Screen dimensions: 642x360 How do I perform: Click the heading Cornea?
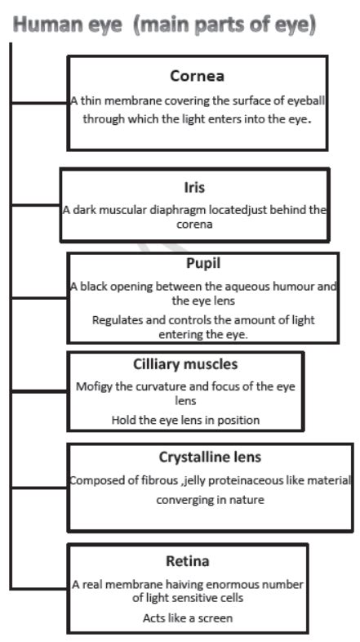point(197,76)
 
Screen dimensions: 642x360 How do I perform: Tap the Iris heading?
point(194,188)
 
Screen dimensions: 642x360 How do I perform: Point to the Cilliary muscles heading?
point(184,364)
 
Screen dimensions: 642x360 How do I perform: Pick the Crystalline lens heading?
point(210,457)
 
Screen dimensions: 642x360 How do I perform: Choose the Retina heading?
point(187,561)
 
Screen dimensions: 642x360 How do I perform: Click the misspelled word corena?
point(193,225)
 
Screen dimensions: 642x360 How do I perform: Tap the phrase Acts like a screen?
point(187,617)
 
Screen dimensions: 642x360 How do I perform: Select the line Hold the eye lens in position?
point(185,420)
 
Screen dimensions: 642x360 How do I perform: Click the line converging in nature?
point(210,499)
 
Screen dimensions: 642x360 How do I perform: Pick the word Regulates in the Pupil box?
point(118,320)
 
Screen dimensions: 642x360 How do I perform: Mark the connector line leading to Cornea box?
point(38,104)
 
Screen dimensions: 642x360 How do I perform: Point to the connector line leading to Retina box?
point(38,587)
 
